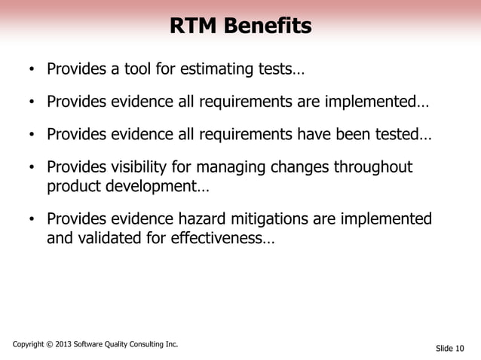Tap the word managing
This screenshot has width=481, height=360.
coord(241,166)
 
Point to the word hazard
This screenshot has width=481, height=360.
coord(207,219)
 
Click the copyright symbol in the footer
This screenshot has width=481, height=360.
coord(51,345)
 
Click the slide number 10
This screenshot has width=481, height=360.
coord(460,348)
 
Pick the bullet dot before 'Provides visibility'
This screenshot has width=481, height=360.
coord(32,168)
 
